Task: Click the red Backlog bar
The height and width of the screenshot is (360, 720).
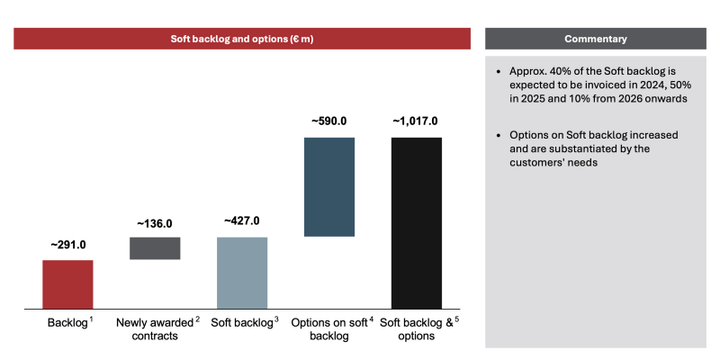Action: click(67, 284)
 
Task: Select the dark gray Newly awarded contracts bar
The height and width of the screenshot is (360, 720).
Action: click(155, 248)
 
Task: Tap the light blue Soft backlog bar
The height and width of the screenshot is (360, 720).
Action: click(242, 273)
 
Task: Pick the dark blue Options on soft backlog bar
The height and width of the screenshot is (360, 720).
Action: click(329, 187)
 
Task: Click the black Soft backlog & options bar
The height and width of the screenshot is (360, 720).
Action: click(417, 223)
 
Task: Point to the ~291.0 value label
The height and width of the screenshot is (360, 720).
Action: click(68, 245)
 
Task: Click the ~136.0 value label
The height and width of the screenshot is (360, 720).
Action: click(155, 224)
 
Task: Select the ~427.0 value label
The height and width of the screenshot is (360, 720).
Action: click(242, 220)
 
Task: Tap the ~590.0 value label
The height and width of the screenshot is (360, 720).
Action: click(329, 121)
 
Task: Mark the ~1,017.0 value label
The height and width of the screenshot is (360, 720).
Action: click(415, 121)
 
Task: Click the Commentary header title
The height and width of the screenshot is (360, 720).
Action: click(596, 39)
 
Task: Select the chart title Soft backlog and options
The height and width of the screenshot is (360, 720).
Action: click(242, 39)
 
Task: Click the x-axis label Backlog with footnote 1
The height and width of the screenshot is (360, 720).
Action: click(70, 322)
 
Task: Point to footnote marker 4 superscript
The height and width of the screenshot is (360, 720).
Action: click(372, 319)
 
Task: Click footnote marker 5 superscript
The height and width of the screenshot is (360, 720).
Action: click(457, 319)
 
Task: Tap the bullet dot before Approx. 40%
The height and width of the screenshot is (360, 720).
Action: click(499, 72)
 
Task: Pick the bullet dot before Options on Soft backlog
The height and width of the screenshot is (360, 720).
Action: click(499, 136)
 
